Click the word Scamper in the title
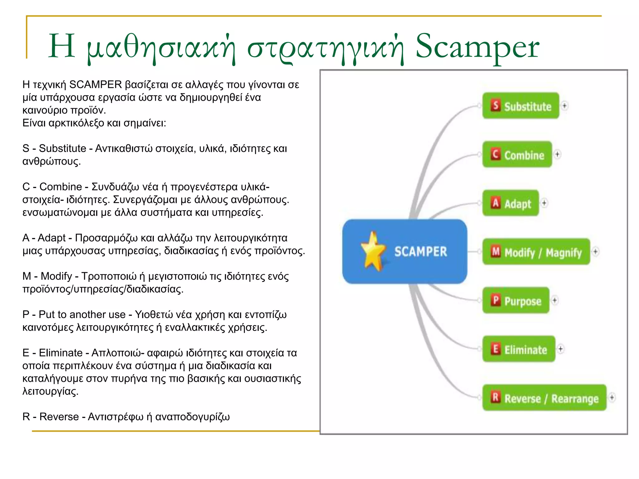click(477, 47)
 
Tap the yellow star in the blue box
click(373, 251)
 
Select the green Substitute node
click(520, 106)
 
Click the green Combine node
click(517, 154)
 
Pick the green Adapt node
click(510, 203)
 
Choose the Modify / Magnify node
click(536, 252)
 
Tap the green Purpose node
click(516, 300)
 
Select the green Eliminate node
click(519, 349)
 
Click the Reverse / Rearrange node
click(544, 398)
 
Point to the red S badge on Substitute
click(495, 105)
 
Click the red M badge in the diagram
click(495, 251)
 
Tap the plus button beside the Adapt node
click(544, 203)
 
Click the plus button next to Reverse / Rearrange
click(612, 397)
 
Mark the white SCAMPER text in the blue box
click(420, 252)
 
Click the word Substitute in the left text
click(62, 148)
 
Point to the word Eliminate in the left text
click(61, 353)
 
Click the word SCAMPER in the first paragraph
click(95, 85)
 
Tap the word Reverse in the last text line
click(59, 417)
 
